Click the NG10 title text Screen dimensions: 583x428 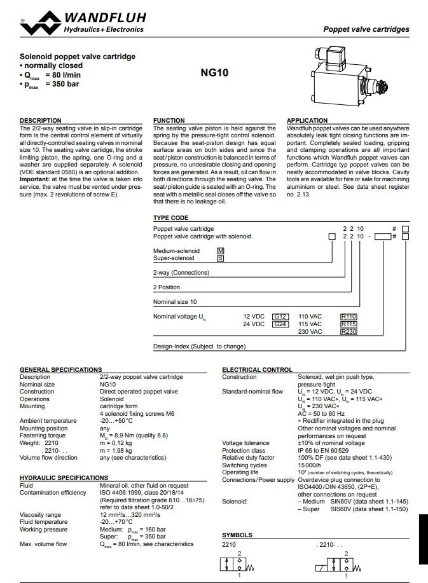coord(214,72)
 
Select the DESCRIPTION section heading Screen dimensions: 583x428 coord(41,120)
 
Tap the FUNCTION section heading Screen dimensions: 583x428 coord(169,120)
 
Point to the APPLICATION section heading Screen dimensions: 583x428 coord(308,120)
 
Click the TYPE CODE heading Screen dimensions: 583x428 coord(170,218)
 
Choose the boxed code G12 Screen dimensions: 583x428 coord(280,316)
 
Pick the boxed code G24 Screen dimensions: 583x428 coord(280,324)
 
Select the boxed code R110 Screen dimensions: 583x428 coord(349,316)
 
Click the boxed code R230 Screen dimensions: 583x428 coord(349,332)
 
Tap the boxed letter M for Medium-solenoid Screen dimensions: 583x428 coord(221,250)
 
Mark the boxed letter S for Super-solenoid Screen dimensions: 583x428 coord(221,258)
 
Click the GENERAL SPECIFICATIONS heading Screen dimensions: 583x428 coord(61,369)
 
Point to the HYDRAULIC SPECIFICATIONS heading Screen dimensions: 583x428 coord(64,477)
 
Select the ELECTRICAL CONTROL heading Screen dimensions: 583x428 coord(257,369)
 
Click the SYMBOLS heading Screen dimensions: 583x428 coord(237,535)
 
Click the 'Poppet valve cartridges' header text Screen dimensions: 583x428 coord(366,29)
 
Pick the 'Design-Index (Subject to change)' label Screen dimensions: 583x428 coord(199,346)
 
